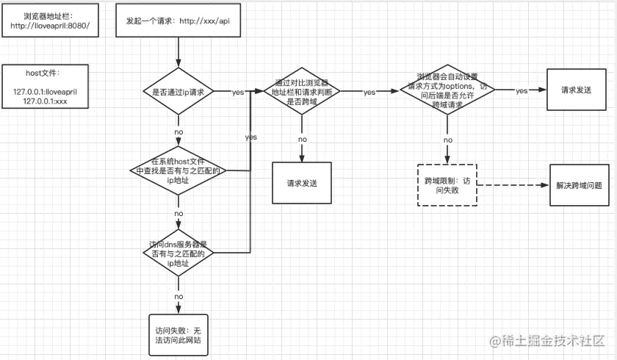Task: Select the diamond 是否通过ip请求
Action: click(x=178, y=92)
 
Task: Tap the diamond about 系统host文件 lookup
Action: click(x=178, y=170)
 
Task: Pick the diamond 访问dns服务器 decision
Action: click(x=178, y=253)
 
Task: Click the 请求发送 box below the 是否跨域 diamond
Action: click(x=301, y=181)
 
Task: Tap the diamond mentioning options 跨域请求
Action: click(x=447, y=90)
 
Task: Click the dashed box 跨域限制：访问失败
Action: click(x=447, y=184)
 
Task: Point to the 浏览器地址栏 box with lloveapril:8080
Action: click(x=50, y=21)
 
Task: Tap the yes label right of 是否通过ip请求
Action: click(x=238, y=93)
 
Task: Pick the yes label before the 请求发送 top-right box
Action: click(x=522, y=90)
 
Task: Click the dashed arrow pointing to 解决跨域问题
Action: click(x=514, y=184)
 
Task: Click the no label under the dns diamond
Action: click(x=178, y=296)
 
